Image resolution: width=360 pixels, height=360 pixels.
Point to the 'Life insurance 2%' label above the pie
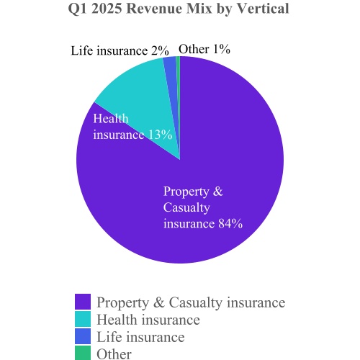click(120, 51)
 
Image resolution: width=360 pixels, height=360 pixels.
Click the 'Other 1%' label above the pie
click(204, 50)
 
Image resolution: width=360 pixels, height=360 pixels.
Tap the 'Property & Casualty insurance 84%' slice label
click(202, 207)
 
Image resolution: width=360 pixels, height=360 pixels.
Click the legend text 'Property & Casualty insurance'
click(191, 302)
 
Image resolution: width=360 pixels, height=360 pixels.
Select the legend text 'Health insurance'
click(148, 320)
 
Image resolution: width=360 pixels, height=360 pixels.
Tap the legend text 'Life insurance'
click(140, 337)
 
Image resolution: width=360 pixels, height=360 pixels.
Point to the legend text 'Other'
click(114, 354)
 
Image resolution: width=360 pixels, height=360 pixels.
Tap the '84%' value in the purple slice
click(230, 223)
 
